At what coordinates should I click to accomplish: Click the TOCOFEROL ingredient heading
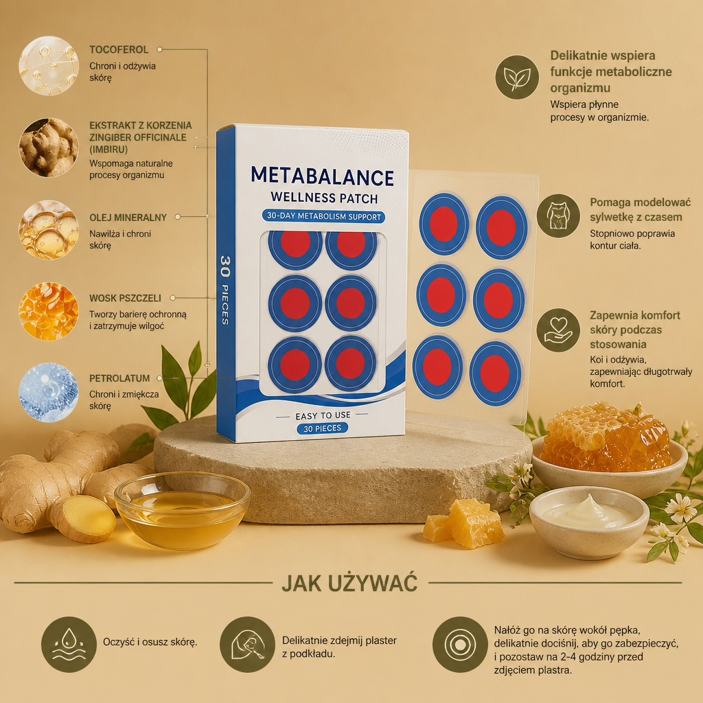[119, 49]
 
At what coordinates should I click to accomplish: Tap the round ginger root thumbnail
[49, 148]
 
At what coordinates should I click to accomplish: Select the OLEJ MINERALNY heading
[128, 218]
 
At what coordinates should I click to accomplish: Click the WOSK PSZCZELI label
[125, 298]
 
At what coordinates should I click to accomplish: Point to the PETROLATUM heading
[119, 378]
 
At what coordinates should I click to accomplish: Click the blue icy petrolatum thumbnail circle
[49, 392]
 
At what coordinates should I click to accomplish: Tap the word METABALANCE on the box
[323, 176]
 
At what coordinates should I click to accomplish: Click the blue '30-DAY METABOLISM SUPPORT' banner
[324, 216]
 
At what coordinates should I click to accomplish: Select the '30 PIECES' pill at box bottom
[323, 428]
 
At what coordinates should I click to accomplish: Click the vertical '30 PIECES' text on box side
[225, 290]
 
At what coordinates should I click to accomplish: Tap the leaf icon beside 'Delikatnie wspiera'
[517, 77]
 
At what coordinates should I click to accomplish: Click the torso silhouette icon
[558, 216]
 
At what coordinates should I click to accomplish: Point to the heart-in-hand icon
[558, 330]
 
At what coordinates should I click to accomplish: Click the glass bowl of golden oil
[181, 510]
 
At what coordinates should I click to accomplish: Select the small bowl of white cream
[589, 522]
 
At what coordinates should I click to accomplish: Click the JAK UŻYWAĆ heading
[349, 584]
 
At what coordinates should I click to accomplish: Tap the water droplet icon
[69, 644]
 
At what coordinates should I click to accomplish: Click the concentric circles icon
[460, 644]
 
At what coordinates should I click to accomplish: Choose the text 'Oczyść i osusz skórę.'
[150, 642]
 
